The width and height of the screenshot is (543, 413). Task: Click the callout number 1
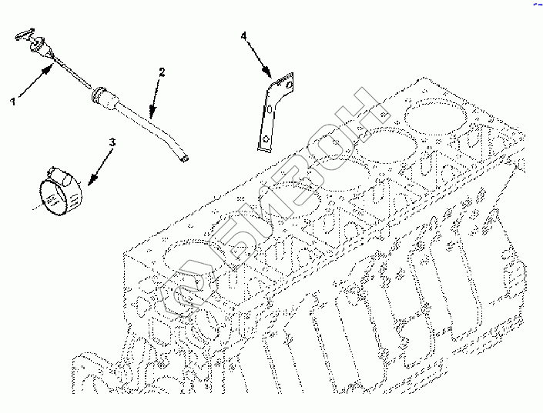[13, 102]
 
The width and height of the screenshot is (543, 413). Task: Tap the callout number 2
[162, 72]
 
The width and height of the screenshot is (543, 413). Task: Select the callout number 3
[112, 142]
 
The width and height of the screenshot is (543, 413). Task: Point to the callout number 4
[244, 36]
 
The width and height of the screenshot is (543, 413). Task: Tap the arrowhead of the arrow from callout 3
[92, 178]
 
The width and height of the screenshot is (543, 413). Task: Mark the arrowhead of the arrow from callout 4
[266, 72]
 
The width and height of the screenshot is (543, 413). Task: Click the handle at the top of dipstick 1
[24, 35]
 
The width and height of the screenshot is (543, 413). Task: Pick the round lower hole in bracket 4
[266, 139]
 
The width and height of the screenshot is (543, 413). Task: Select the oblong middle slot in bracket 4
[270, 109]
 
